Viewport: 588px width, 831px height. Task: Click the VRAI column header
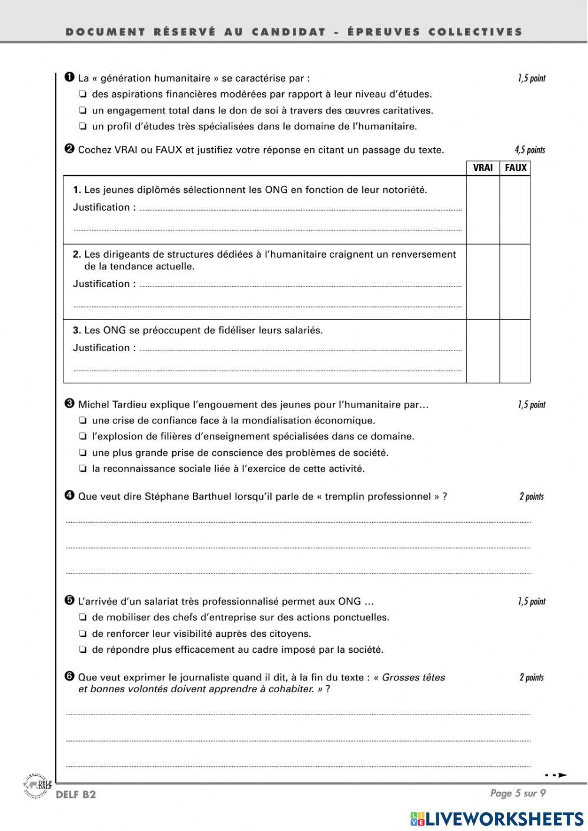tap(483, 168)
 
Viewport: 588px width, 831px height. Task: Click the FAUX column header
tap(516, 168)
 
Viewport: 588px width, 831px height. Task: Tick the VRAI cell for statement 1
tap(483, 210)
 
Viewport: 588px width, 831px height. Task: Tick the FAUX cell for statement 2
tap(515, 282)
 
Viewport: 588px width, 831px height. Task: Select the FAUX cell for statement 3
tap(515, 351)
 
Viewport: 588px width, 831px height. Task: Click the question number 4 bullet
tap(69, 495)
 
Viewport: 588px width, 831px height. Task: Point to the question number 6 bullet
tap(69, 676)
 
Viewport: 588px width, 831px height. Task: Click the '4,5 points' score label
tap(529, 150)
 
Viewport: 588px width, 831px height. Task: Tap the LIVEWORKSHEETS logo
tap(497, 819)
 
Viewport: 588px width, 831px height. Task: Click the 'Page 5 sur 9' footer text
tap(518, 793)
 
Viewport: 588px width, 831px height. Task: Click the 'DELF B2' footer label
tap(76, 795)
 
